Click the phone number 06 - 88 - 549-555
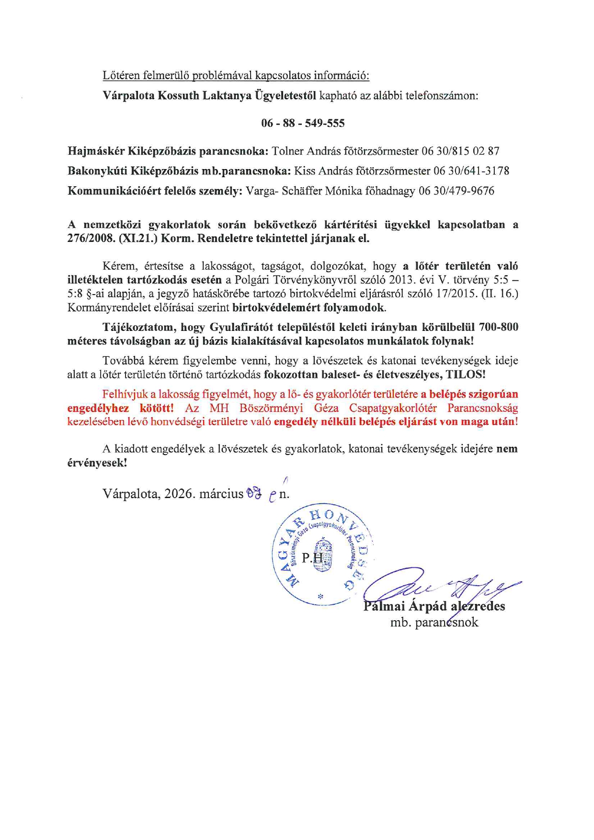click(303, 123)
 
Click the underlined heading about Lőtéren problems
click(236, 75)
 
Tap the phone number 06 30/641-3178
click(471, 171)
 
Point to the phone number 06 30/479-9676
click(457, 191)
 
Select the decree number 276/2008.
click(88, 238)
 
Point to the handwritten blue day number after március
click(253, 493)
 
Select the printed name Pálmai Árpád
click(405, 606)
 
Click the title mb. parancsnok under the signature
click(434, 623)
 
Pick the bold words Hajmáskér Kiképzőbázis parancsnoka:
click(168, 151)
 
